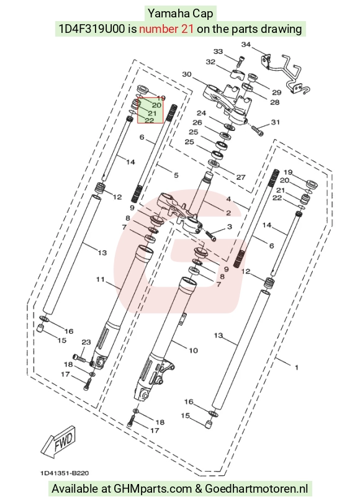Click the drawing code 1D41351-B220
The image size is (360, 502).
pyautogui.click(x=65, y=473)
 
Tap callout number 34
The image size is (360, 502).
pyautogui.click(x=246, y=45)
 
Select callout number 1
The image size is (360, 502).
pyautogui.click(x=297, y=367)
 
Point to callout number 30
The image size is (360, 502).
pyautogui.click(x=187, y=74)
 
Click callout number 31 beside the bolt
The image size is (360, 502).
pyautogui.click(x=276, y=122)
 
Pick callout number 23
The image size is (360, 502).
pyautogui.click(x=86, y=343)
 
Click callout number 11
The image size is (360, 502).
pyautogui.click(x=101, y=279)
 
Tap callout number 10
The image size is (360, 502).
pyautogui.click(x=193, y=351)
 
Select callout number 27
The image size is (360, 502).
pyautogui.click(x=241, y=177)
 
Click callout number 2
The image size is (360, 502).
pyautogui.click(x=228, y=213)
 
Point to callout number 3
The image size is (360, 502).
pyautogui.click(x=229, y=226)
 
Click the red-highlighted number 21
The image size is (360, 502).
pyautogui.click(x=152, y=113)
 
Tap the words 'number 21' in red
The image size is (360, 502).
pyautogui.click(x=166, y=29)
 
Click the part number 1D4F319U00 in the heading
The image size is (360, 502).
pyautogui.click(x=92, y=29)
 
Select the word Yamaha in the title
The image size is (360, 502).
pyautogui.click(x=164, y=14)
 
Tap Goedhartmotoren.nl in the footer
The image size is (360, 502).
pyautogui.click(x=256, y=489)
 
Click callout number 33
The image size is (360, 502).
pyautogui.click(x=218, y=52)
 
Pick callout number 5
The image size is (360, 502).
pyautogui.click(x=176, y=175)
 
